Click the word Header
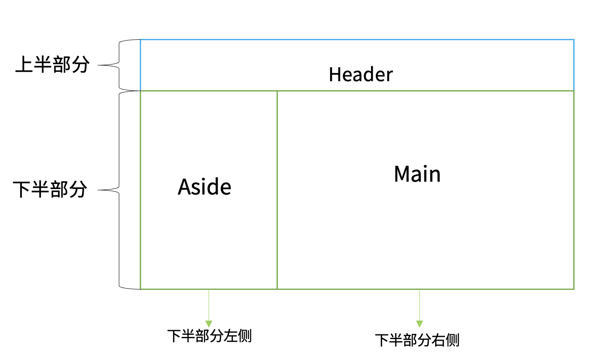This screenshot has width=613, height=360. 360,74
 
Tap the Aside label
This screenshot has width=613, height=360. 204,187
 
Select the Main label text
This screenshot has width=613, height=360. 417,174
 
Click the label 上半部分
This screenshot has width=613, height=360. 52,65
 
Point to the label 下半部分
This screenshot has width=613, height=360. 50,189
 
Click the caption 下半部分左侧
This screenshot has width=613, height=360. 209,336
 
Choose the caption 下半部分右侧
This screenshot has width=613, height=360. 417,340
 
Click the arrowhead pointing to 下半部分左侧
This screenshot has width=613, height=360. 209,324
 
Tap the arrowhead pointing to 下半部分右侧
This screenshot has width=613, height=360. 419,324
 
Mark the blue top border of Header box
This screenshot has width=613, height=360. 357,40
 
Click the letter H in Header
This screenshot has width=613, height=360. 334,74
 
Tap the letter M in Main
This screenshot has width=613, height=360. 401,174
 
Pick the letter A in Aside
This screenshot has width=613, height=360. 184,187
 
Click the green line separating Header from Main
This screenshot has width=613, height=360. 425,91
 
